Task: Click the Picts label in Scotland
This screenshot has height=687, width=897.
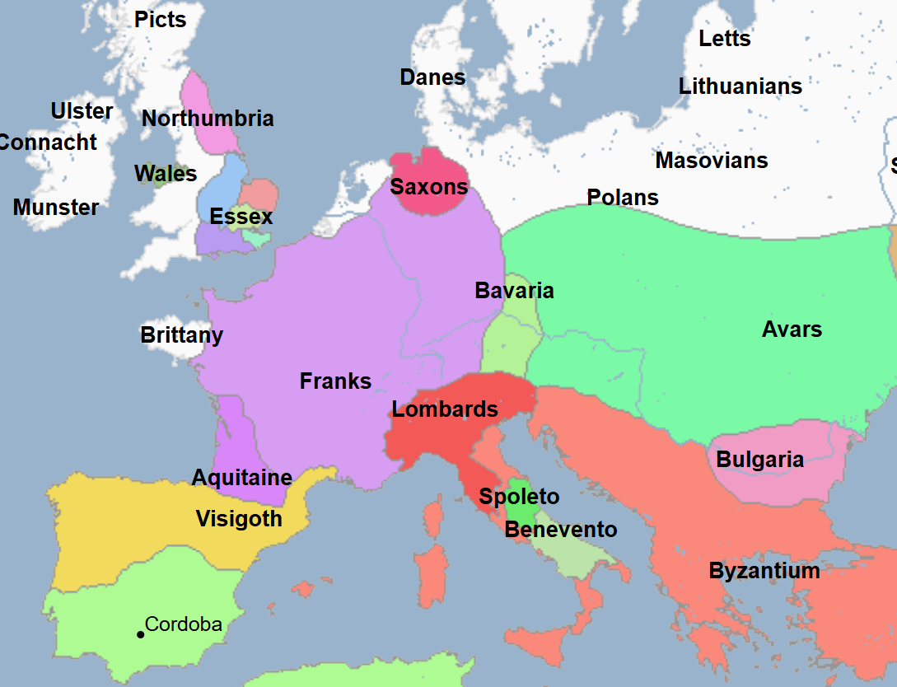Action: click(x=161, y=20)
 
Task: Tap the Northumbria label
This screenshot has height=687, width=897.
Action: click(x=208, y=119)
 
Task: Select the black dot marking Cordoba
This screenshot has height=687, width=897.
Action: click(x=140, y=634)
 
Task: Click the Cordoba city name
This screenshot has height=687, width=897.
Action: click(x=184, y=624)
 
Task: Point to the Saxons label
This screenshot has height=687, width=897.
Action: click(x=429, y=187)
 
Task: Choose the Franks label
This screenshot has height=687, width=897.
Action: click(x=335, y=381)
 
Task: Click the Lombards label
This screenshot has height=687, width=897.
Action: click(x=445, y=409)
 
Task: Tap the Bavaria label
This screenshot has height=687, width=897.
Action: click(x=514, y=291)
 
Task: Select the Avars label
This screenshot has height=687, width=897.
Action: click(x=792, y=329)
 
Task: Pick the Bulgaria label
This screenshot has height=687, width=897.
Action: click(x=759, y=460)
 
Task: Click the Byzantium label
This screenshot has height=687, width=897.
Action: click(x=764, y=571)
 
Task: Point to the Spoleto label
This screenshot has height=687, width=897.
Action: click(x=519, y=497)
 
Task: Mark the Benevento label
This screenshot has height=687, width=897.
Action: click(x=560, y=530)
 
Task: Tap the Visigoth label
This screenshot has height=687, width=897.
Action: click(x=239, y=519)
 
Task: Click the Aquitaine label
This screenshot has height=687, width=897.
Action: click(x=241, y=478)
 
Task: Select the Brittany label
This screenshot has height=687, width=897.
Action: click(x=181, y=336)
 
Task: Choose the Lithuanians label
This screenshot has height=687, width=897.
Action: click(x=740, y=86)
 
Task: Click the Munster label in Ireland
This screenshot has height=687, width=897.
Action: click(x=56, y=208)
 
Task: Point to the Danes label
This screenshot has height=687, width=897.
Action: click(x=432, y=77)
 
